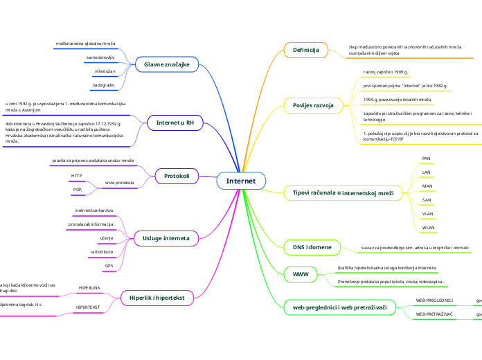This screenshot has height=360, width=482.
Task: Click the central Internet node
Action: [241, 181]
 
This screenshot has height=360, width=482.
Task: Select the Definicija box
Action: [305, 50]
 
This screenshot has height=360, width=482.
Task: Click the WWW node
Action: [301, 275]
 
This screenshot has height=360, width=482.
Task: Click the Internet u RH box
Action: [175, 123]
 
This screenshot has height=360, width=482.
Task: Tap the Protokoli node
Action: [176, 177]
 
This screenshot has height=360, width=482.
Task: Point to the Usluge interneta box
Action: [166, 238]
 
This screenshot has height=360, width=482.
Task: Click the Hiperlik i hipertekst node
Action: [157, 298]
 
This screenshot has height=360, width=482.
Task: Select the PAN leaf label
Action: [427, 159]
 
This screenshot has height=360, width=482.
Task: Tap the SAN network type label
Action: [427, 200]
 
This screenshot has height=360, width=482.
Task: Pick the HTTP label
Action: [77, 176]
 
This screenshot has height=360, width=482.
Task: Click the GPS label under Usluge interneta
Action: [109, 265]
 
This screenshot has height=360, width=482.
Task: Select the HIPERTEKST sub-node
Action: [88, 306]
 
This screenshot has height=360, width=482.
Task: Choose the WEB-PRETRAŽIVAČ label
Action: [434, 314]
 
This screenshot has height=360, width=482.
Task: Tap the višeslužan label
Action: [105, 71]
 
